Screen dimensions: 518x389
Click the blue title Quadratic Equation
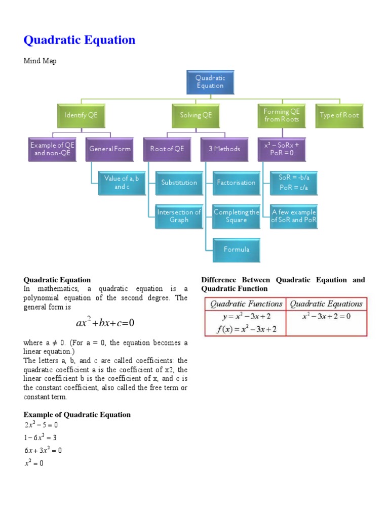point(80,40)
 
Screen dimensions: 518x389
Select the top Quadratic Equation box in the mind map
point(210,82)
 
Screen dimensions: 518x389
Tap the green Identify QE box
point(81,115)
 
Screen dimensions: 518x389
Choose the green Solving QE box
point(196,115)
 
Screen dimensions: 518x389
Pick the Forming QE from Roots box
point(282,115)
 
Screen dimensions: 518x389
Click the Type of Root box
point(339,115)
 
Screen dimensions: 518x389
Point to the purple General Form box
point(109,149)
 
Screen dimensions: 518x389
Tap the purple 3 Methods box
point(224,149)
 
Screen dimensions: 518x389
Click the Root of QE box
point(167,149)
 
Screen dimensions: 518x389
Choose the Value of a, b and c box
point(122,183)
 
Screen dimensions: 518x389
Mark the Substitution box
point(179,183)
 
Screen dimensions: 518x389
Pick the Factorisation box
point(236,183)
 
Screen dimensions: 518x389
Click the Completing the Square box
point(236,216)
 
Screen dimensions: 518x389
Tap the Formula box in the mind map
point(236,249)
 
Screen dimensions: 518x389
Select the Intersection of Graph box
point(179,216)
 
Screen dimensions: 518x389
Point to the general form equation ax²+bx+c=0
point(105,323)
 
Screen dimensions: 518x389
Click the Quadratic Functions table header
point(246,304)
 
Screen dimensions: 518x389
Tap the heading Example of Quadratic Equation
point(77,415)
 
